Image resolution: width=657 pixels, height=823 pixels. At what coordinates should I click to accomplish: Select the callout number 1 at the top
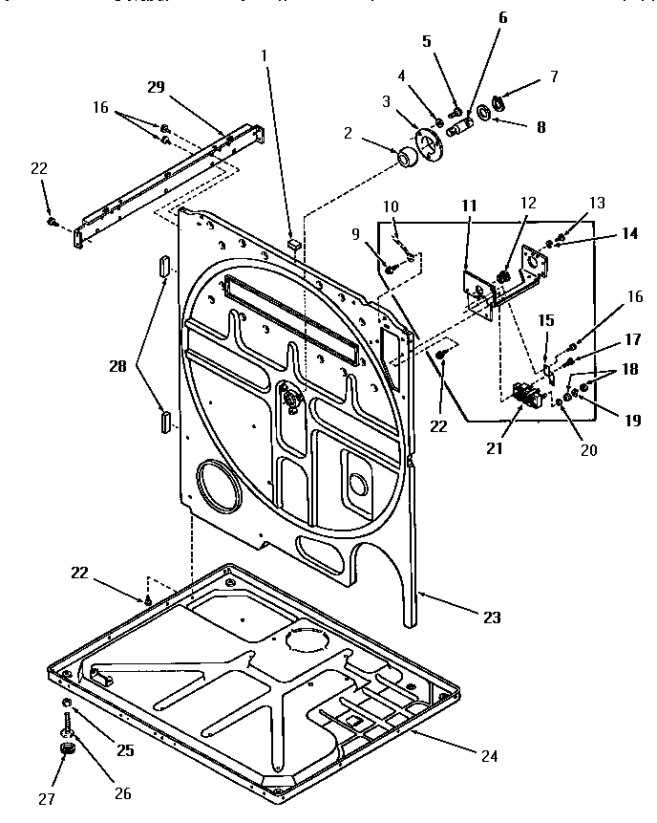[x=265, y=54]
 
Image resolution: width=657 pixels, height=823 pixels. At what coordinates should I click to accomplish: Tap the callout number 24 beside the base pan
[x=488, y=756]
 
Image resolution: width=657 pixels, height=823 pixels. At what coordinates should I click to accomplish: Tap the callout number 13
[x=596, y=203]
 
